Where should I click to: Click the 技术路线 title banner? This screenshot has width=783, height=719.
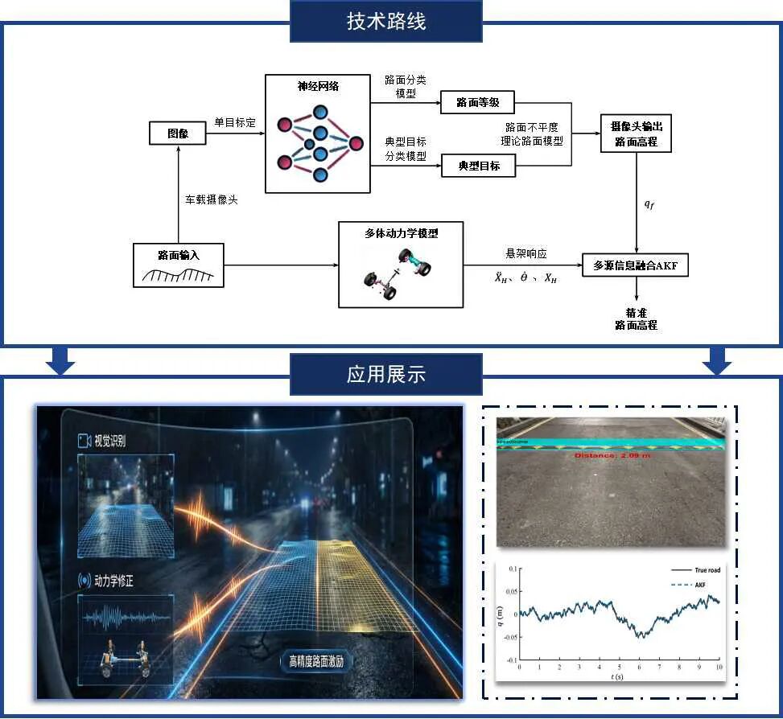[385, 22]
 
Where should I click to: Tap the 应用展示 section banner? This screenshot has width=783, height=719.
[385, 374]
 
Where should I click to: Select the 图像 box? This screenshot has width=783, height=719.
[178, 134]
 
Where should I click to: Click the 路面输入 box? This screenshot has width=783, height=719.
[178, 265]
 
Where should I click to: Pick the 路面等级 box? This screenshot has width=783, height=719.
[478, 103]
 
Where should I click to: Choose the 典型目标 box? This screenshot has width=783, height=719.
[479, 166]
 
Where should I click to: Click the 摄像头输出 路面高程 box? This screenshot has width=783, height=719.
[636, 134]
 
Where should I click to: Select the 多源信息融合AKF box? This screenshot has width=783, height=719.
[636, 265]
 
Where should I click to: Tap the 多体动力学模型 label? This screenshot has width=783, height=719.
[401, 233]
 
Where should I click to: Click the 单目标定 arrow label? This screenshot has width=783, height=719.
[234, 123]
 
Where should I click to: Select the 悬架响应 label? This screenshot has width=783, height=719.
[525, 253]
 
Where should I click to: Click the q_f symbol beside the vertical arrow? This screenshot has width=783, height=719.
[649, 203]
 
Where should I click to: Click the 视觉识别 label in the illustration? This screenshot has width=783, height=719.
[109, 441]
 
